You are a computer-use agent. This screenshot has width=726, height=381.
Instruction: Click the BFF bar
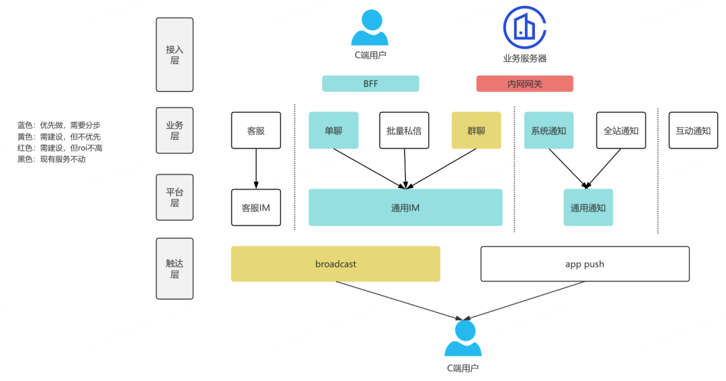[x=370, y=83]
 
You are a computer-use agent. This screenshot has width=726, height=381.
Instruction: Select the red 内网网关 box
[x=524, y=83]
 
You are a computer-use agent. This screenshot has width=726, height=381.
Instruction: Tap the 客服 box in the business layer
[x=255, y=130]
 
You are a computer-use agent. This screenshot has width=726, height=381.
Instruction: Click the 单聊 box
[x=333, y=130]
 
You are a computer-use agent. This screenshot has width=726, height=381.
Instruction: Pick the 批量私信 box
[x=404, y=130]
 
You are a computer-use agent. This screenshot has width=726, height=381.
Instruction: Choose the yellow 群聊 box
[x=476, y=130]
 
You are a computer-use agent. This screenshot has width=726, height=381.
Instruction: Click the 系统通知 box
[x=549, y=130]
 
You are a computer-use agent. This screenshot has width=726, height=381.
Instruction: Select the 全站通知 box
[x=621, y=130]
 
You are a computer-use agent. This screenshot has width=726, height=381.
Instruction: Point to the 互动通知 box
[x=693, y=130]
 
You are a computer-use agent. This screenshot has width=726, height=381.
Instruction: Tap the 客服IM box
[x=255, y=208]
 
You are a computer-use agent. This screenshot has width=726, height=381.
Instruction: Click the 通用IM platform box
[x=405, y=208]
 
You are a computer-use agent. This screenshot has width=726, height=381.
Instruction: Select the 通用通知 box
[x=588, y=208]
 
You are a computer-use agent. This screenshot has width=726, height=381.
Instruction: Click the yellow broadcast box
[x=335, y=263]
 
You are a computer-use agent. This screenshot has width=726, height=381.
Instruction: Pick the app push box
[x=585, y=263]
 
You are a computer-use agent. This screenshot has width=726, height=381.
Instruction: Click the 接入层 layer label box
[x=174, y=54]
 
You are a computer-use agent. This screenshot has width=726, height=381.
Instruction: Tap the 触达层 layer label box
[x=174, y=268]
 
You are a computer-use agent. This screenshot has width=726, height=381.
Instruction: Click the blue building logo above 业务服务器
[x=524, y=27]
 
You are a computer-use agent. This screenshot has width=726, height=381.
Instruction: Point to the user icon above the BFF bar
[x=370, y=28]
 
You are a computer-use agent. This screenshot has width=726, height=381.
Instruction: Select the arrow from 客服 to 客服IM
[x=255, y=169]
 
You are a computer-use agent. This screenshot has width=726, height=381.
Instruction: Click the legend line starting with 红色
[x=60, y=148]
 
